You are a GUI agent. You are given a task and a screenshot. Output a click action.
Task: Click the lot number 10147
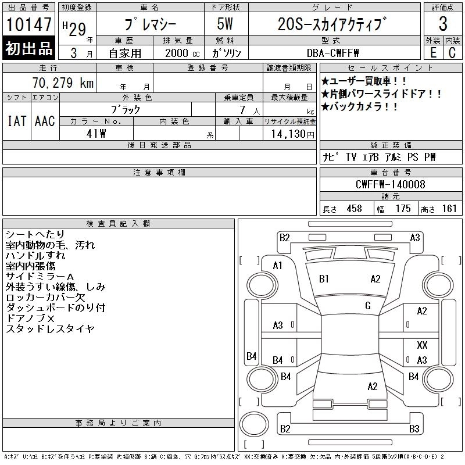point(28,24)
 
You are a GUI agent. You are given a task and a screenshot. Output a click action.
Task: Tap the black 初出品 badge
point(28,48)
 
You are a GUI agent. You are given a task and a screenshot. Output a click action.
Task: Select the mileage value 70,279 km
point(63,83)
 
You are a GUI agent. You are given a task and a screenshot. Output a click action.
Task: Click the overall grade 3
point(443,24)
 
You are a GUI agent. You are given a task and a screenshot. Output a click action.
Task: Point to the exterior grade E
point(433,53)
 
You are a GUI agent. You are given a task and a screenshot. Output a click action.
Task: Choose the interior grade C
point(452,53)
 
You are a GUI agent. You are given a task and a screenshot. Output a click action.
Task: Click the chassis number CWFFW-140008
point(390,184)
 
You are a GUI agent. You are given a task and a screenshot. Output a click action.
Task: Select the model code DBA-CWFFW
point(332,53)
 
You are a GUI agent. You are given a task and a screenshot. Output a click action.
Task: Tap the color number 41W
point(96,134)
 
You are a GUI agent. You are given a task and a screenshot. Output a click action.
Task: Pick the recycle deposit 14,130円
point(293,134)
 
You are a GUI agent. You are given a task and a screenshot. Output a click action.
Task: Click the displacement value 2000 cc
point(183,53)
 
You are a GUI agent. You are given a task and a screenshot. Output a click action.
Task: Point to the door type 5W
point(225,24)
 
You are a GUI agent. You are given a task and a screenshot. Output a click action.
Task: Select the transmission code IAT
point(17,121)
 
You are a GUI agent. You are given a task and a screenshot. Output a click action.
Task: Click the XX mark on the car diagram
point(422,345)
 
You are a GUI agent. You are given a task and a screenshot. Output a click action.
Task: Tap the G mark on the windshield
point(368,306)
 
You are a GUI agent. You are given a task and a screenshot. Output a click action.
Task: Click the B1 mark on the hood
point(324,279)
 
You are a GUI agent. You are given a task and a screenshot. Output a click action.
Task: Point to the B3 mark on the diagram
point(414,429)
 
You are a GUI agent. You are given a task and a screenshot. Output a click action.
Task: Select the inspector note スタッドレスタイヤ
point(50,328)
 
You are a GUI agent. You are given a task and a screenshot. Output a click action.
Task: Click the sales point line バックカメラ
point(359,106)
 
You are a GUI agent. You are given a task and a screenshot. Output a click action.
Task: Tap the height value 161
point(449,209)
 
